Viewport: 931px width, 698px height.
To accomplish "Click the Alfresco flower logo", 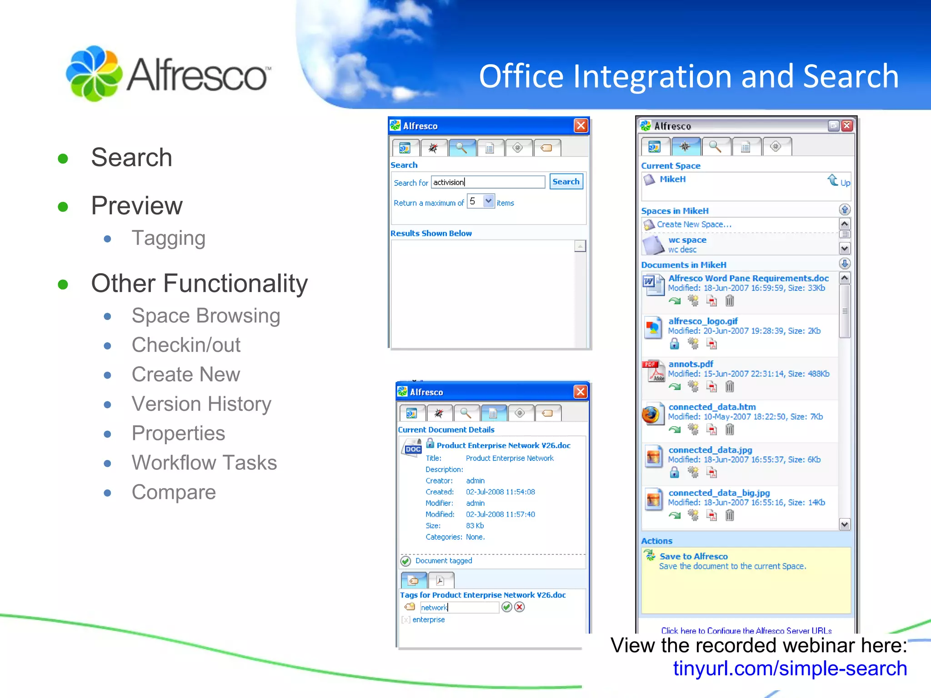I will pyautogui.click(x=94, y=74).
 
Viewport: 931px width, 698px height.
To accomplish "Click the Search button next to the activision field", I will pyautogui.click(x=566, y=182).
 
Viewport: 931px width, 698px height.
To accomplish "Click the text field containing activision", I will pyautogui.click(x=487, y=182).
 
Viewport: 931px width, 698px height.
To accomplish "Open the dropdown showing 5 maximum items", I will pyautogui.click(x=489, y=201).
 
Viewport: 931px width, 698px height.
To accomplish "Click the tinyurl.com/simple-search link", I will pyautogui.click(x=790, y=668).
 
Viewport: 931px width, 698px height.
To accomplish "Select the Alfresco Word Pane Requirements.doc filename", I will pyautogui.click(x=748, y=278).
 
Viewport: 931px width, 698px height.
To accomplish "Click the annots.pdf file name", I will pyautogui.click(x=691, y=364).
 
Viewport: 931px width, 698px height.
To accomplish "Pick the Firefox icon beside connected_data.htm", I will pyautogui.click(x=651, y=415).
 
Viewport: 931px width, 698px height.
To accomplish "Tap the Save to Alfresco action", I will pyautogui.click(x=693, y=556).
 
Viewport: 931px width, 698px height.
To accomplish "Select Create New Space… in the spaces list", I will pyautogui.click(x=694, y=224).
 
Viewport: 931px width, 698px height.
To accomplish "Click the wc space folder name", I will pyautogui.click(x=687, y=240).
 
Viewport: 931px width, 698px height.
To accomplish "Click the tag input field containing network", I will pyautogui.click(x=459, y=607).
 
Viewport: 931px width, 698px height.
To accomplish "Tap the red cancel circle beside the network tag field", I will pyautogui.click(x=520, y=607).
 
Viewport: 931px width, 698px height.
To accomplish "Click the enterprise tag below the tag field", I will pyautogui.click(x=428, y=620).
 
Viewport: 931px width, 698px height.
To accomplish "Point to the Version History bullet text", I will pyautogui.click(x=201, y=404).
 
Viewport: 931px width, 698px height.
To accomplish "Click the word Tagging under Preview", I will pyautogui.click(x=168, y=238).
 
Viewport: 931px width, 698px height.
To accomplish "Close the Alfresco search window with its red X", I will pyautogui.click(x=581, y=126).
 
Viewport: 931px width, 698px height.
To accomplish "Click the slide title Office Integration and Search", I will pyautogui.click(x=688, y=76).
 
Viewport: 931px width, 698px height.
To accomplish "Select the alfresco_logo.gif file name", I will pyautogui.click(x=703, y=321).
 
